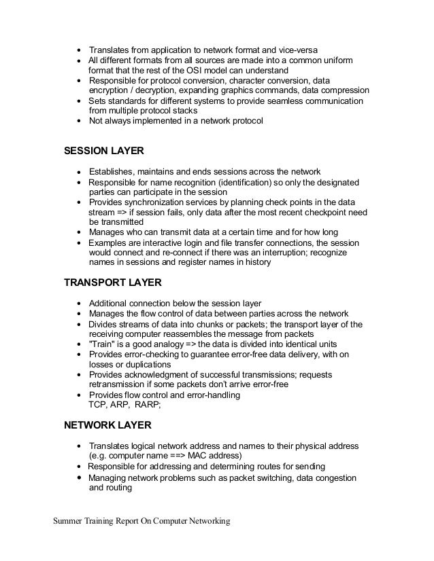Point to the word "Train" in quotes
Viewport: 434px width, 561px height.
[103, 344]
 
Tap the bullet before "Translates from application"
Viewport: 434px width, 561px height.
[80, 51]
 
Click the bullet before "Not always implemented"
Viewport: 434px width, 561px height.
[80, 122]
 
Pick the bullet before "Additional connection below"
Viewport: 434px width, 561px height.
[80, 303]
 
